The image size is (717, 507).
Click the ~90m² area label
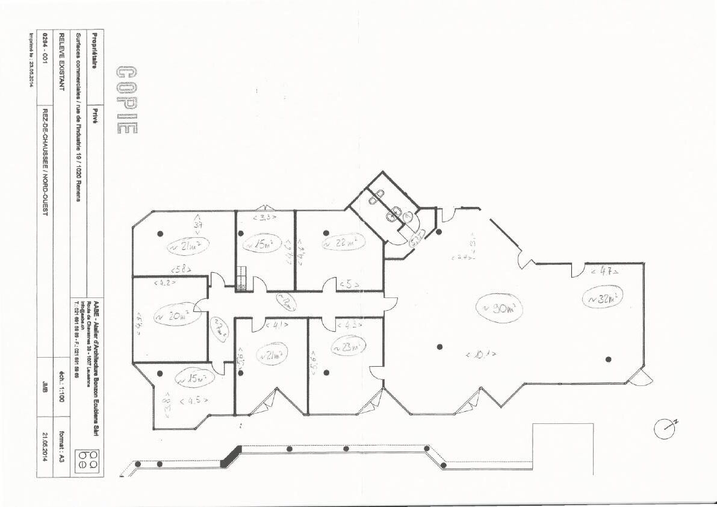click(499, 309)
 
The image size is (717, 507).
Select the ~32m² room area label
click(602, 297)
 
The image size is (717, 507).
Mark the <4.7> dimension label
click(604, 272)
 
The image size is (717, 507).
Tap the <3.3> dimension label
click(264, 217)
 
